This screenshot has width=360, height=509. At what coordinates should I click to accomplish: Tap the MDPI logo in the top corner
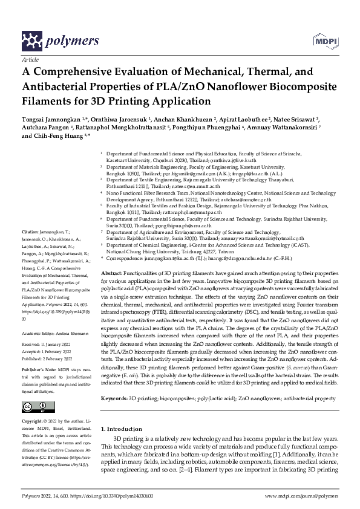[325, 41]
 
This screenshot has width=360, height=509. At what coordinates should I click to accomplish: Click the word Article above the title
[29, 61]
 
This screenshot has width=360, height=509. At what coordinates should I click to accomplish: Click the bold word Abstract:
[114, 274]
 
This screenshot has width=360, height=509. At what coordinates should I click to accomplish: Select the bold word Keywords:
[114, 399]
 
